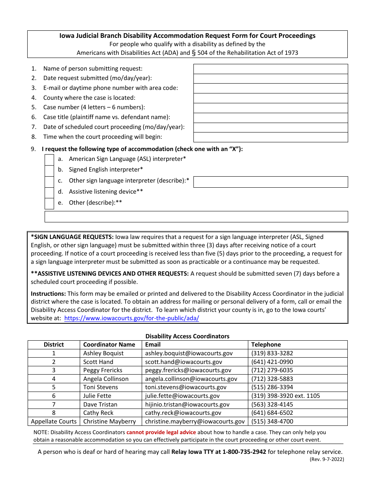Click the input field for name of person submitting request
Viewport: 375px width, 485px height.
point(270,69)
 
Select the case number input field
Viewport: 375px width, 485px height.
point(270,108)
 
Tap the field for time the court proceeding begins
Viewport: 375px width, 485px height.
point(270,137)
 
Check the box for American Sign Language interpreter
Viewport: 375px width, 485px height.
point(49,159)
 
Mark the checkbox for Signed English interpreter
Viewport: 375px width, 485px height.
point(49,170)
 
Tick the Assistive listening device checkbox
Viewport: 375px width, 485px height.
point(49,192)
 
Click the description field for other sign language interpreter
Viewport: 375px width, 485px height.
point(270,182)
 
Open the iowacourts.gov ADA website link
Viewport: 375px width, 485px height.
point(131,318)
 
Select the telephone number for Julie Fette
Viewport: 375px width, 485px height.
point(285,396)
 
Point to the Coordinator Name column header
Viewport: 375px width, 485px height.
point(109,345)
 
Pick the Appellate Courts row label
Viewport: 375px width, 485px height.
point(54,422)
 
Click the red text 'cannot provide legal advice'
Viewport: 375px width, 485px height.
point(161,432)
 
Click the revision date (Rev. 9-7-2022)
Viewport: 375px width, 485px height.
point(327,459)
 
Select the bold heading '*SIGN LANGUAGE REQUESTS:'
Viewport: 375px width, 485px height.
point(72,237)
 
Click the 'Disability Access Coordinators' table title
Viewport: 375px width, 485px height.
point(187,336)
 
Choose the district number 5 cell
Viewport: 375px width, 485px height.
point(54,387)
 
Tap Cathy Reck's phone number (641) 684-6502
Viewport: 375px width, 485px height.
point(272,413)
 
